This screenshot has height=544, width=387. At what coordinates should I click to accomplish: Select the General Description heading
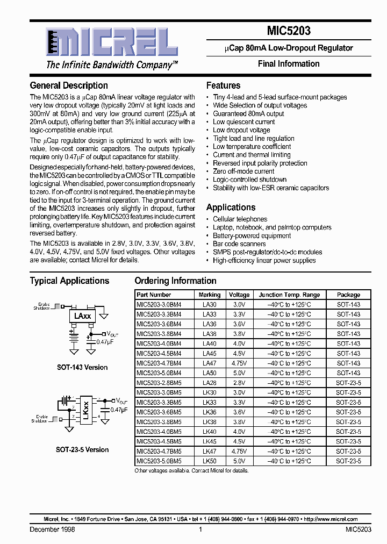[x=69, y=85]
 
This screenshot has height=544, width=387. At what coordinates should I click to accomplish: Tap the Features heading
[x=223, y=85]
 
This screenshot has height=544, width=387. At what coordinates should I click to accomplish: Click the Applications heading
[x=231, y=207]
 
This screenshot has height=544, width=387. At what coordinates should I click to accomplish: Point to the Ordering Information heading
[x=175, y=281]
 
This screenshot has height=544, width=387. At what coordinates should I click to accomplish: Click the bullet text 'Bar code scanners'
[x=240, y=244]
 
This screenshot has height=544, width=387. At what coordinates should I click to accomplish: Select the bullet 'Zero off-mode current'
[x=243, y=171]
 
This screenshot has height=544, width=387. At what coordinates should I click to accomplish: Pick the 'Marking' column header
[x=209, y=295]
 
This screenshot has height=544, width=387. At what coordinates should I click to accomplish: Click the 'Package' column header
[x=348, y=295]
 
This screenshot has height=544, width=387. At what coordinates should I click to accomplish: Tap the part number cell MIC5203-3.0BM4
[x=159, y=304]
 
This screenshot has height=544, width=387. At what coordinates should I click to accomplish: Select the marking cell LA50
[x=209, y=373]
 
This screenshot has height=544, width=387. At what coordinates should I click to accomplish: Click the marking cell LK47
[x=209, y=451]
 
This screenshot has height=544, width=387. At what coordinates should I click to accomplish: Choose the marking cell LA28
[x=209, y=383]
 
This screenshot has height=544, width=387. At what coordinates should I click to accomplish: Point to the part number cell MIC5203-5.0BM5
[x=159, y=461]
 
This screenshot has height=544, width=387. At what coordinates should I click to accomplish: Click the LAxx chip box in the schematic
[x=82, y=317]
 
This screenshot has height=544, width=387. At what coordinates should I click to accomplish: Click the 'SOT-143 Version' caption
[x=82, y=368]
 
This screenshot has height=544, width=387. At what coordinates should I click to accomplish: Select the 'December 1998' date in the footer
[x=52, y=529]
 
